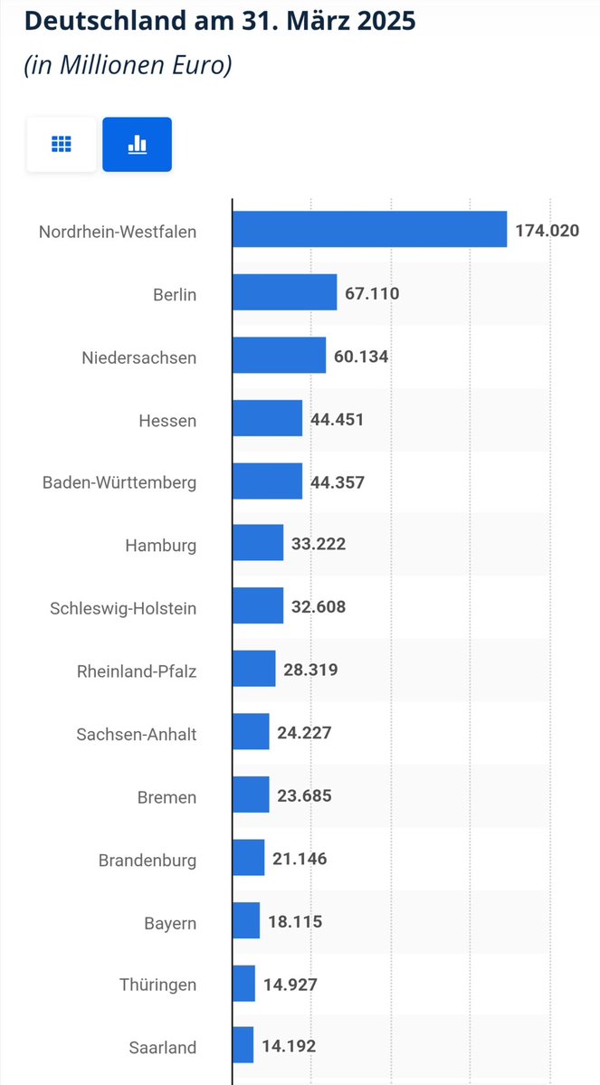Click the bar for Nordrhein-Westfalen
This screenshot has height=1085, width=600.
click(369, 229)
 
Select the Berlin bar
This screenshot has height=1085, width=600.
click(284, 292)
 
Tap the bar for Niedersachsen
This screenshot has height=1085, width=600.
click(279, 356)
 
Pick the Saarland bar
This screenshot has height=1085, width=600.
click(243, 1045)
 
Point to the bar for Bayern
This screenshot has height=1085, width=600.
click(246, 920)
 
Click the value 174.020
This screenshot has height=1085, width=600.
click(547, 231)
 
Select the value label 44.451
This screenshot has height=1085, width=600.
click(337, 419)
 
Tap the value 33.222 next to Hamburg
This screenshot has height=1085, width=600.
click(319, 544)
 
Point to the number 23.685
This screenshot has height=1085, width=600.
click(304, 795)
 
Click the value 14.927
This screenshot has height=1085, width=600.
click(290, 984)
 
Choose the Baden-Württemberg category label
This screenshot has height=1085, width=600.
click(119, 482)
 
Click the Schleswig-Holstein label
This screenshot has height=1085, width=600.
click(123, 608)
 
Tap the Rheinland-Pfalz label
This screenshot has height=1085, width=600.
click(137, 671)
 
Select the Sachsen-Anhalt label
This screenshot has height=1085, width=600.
click(137, 734)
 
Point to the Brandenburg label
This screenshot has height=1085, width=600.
click(148, 860)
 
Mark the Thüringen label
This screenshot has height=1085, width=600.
click(157, 985)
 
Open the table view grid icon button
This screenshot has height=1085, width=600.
click(62, 144)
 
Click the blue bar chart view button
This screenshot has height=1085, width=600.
click(137, 144)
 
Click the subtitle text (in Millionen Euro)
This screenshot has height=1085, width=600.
click(128, 66)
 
